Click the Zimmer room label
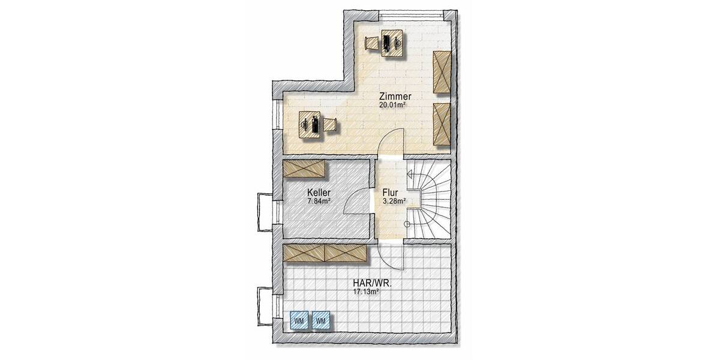click(x=394, y=96)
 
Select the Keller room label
click(x=319, y=193)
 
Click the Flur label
click(x=391, y=193)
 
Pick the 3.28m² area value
click(x=394, y=201)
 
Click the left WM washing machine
click(x=299, y=321)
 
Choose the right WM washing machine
click(x=320, y=321)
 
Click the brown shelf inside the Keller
click(x=305, y=169)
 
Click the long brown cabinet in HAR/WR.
click(x=325, y=253)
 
